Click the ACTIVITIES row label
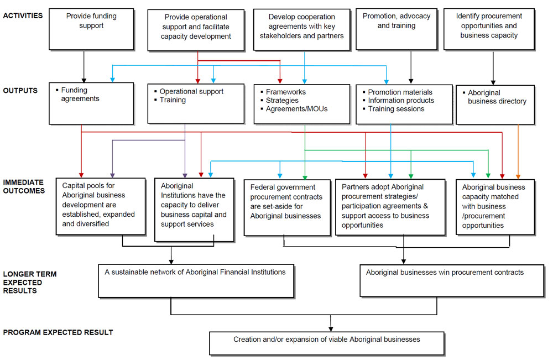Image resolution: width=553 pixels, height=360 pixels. coord(23,15)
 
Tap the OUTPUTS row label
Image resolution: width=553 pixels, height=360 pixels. coord(19,91)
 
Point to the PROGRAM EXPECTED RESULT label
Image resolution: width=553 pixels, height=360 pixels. coord(58,332)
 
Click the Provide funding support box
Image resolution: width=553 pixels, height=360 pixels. coord(91,28)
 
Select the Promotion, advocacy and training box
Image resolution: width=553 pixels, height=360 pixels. coord(397,28)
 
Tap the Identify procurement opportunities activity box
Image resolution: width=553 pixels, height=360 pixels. coord(488,28)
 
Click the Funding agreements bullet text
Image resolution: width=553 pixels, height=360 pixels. coord(80,95)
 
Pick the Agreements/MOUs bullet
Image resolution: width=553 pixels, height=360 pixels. coord(296,109)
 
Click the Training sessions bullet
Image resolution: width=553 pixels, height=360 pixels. coord(396,109)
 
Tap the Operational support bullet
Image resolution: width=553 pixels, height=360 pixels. coord(191,92)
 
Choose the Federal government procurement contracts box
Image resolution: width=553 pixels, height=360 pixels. coord(285,207)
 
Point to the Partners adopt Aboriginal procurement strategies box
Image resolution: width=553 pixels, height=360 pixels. coord(390,206)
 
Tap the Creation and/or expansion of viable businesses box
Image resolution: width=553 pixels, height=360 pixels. coord(326,343)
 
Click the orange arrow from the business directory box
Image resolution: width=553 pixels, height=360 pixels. coord(518,152)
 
